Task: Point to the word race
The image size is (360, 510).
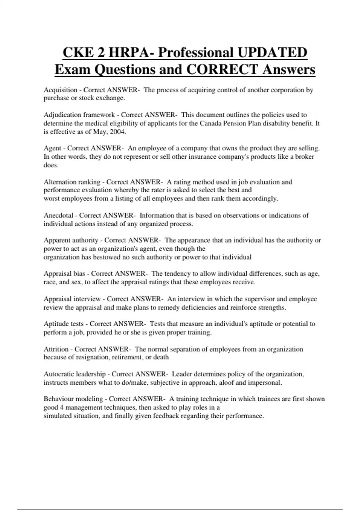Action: coord(50,282)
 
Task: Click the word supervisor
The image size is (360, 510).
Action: coord(259,299)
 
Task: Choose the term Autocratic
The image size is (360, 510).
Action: coord(59,374)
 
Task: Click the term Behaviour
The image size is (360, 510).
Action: coord(58,399)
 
